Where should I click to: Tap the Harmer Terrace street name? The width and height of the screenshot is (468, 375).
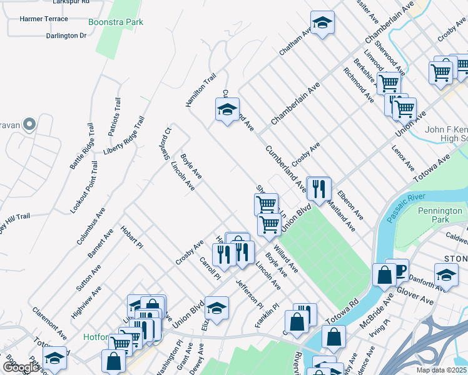(44, 19)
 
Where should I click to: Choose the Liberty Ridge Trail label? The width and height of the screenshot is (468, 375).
(124, 136)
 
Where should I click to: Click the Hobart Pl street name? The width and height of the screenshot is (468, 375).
(132, 238)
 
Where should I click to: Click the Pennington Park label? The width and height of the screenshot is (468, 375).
(441, 216)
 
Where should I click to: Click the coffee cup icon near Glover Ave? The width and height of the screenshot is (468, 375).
(397, 269)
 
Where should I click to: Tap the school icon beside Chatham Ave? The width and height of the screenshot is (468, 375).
(322, 23)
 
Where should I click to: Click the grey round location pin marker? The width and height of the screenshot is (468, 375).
(28, 124)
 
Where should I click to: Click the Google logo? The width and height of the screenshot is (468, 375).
(21, 367)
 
